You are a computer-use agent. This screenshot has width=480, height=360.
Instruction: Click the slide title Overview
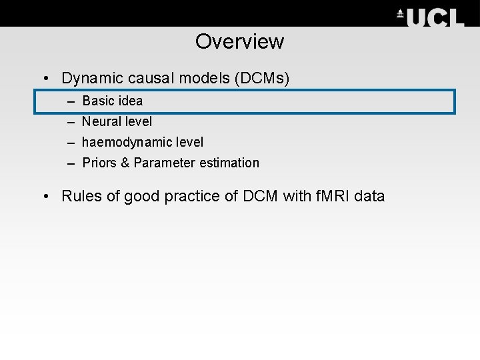click(x=239, y=41)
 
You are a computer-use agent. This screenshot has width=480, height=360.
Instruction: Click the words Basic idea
click(x=112, y=101)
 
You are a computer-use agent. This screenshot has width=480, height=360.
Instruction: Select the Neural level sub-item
click(x=117, y=121)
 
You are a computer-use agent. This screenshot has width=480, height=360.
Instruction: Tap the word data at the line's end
click(x=370, y=196)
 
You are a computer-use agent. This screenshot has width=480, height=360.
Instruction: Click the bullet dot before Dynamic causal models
click(x=45, y=79)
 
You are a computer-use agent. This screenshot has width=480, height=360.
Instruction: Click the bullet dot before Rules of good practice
click(x=45, y=197)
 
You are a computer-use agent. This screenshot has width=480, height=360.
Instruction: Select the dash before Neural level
click(x=71, y=121)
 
